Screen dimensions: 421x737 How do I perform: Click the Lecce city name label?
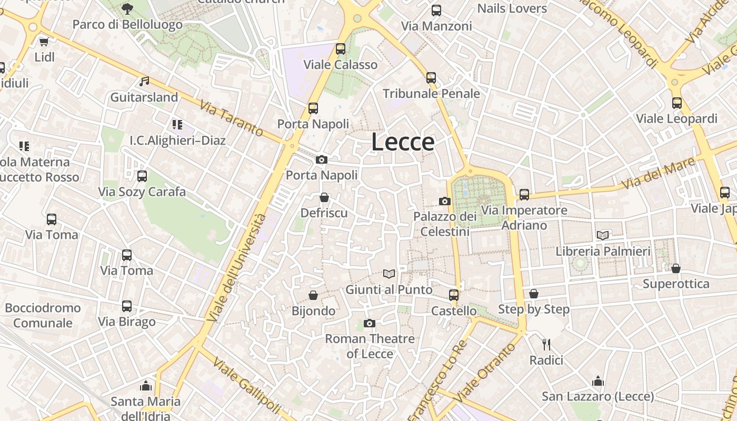(403, 142)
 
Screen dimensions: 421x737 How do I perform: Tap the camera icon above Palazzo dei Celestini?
(445, 201)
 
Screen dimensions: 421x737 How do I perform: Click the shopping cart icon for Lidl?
(44, 42)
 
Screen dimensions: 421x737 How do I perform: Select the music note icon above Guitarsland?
(144, 82)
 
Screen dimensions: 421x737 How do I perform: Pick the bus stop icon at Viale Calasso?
(341, 49)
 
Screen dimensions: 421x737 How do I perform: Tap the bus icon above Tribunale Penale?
(431, 78)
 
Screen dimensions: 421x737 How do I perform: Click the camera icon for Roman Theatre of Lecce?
(370, 323)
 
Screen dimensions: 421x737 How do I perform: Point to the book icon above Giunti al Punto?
(389, 274)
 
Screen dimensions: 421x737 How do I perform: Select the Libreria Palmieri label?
(603, 251)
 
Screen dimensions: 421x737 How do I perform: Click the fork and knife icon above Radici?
(546, 345)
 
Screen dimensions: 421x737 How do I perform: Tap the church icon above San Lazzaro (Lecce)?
(598, 381)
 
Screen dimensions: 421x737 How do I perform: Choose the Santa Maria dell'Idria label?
(145, 408)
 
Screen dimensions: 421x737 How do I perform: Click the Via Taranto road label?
(232, 118)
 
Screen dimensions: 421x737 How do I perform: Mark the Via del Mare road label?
(658, 175)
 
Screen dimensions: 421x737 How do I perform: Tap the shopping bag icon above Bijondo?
(313, 295)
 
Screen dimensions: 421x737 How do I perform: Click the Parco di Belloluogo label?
(127, 24)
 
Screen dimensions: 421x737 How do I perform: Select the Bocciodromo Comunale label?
(43, 315)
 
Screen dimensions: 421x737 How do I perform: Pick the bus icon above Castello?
(454, 295)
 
